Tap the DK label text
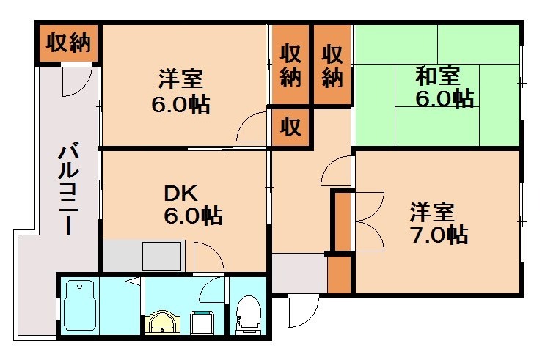tap(179, 194)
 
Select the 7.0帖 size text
tap(438, 236)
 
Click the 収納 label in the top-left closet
tap(69, 43)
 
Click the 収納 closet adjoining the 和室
tap(332, 65)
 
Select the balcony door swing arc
tap(76, 82)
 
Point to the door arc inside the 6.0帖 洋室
tap(252, 128)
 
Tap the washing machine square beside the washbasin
tap(201, 321)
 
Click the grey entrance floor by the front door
tap(298, 273)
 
